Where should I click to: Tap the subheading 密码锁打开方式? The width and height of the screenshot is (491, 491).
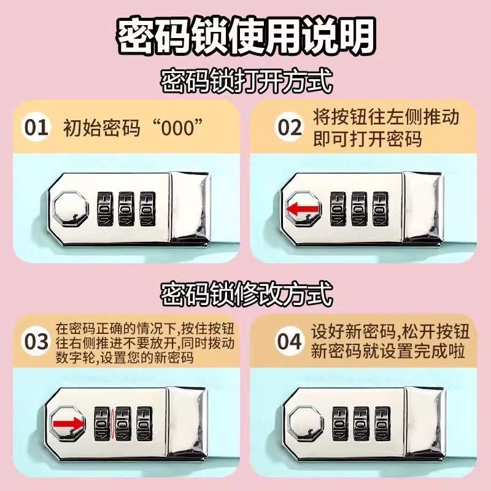[x=245, y=82]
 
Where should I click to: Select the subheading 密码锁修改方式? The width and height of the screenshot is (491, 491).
[x=245, y=295]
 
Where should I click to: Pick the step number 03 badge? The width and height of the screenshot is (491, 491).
[x=36, y=341]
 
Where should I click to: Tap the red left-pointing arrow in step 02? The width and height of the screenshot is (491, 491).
[x=303, y=211]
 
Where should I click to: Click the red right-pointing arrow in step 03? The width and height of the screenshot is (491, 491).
[x=67, y=423]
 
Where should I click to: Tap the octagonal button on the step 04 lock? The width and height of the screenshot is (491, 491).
[x=305, y=423]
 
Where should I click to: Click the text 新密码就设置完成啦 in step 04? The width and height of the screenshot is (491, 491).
[x=388, y=352]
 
